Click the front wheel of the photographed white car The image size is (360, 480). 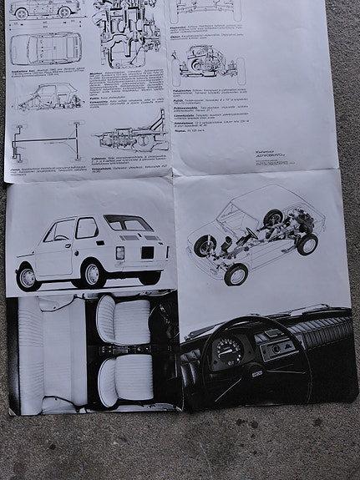28,278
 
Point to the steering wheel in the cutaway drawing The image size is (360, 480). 250,233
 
